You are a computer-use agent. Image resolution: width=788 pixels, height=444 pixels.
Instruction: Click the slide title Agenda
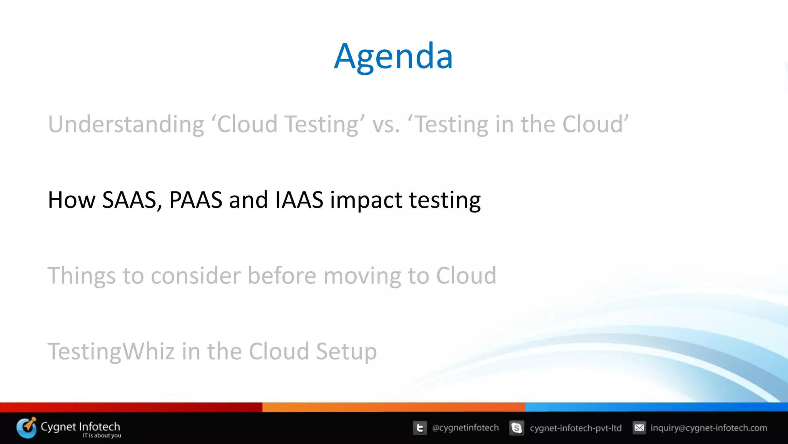393,56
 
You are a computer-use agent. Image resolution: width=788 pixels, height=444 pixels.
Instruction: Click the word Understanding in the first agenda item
126,124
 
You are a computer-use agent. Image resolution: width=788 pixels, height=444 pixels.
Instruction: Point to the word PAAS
195,200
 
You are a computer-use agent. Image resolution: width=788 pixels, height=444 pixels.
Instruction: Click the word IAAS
299,200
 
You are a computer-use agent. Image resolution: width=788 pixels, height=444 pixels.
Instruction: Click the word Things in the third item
81,276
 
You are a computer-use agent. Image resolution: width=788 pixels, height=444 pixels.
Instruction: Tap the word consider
195,276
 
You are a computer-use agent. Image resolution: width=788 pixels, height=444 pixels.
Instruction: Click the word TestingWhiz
111,352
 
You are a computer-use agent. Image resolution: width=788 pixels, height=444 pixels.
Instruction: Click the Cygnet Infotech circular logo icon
26,428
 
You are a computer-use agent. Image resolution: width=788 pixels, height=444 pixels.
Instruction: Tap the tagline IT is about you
102,436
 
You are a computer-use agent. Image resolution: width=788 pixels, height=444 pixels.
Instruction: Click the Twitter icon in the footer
420,428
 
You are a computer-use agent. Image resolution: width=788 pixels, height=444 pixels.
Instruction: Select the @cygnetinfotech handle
465,428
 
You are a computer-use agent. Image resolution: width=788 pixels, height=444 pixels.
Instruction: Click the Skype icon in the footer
516,428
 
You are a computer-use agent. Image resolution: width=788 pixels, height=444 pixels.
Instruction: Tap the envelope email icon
639,428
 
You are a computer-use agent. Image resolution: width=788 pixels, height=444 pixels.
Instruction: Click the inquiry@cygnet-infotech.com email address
708,428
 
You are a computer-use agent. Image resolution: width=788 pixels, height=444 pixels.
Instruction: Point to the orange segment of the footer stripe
393,407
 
